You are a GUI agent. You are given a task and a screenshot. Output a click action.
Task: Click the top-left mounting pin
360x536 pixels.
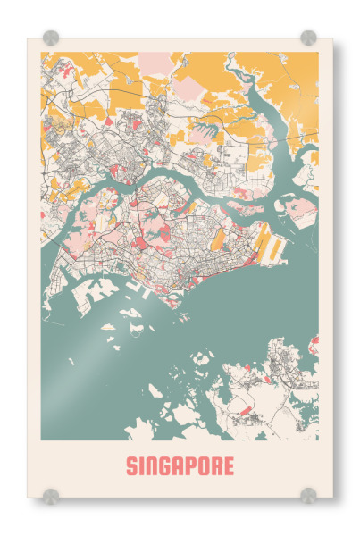51,38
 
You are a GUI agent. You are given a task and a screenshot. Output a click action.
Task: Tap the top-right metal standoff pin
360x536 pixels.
308,38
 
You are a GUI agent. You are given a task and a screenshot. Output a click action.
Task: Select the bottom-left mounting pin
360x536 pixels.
51,495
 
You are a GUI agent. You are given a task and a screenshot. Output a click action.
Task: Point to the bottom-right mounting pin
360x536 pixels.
308,495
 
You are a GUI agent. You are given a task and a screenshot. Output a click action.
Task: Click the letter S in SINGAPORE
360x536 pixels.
132,466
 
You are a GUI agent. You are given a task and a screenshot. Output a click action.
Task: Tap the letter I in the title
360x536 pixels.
143,466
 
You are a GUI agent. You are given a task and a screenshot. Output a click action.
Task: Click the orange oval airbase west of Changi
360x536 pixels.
217,239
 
